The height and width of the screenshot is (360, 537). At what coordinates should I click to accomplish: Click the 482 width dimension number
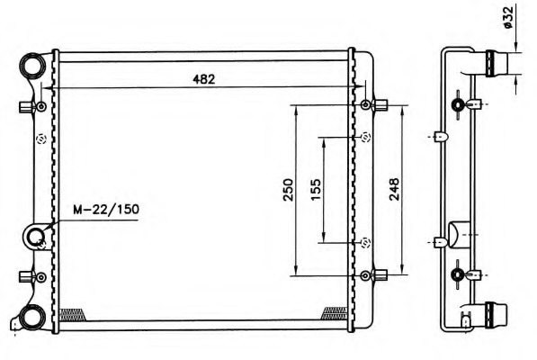[x=203, y=78]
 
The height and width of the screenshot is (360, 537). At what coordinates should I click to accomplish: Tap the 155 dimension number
[x=316, y=190]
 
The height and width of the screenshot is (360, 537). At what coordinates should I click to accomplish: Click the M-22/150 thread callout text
[x=105, y=210]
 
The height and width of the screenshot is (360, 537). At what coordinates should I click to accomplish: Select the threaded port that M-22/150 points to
[x=36, y=238]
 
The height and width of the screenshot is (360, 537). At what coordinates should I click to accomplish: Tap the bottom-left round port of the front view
[x=32, y=316]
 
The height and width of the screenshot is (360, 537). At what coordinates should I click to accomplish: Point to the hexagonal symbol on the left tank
[x=40, y=139]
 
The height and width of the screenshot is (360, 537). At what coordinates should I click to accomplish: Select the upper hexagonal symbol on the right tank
[x=365, y=137]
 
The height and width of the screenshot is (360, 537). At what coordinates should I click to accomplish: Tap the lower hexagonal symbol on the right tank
[x=365, y=241]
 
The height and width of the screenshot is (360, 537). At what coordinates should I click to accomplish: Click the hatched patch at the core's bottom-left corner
[x=70, y=313]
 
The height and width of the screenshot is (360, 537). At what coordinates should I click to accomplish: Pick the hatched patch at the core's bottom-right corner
[x=335, y=312]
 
